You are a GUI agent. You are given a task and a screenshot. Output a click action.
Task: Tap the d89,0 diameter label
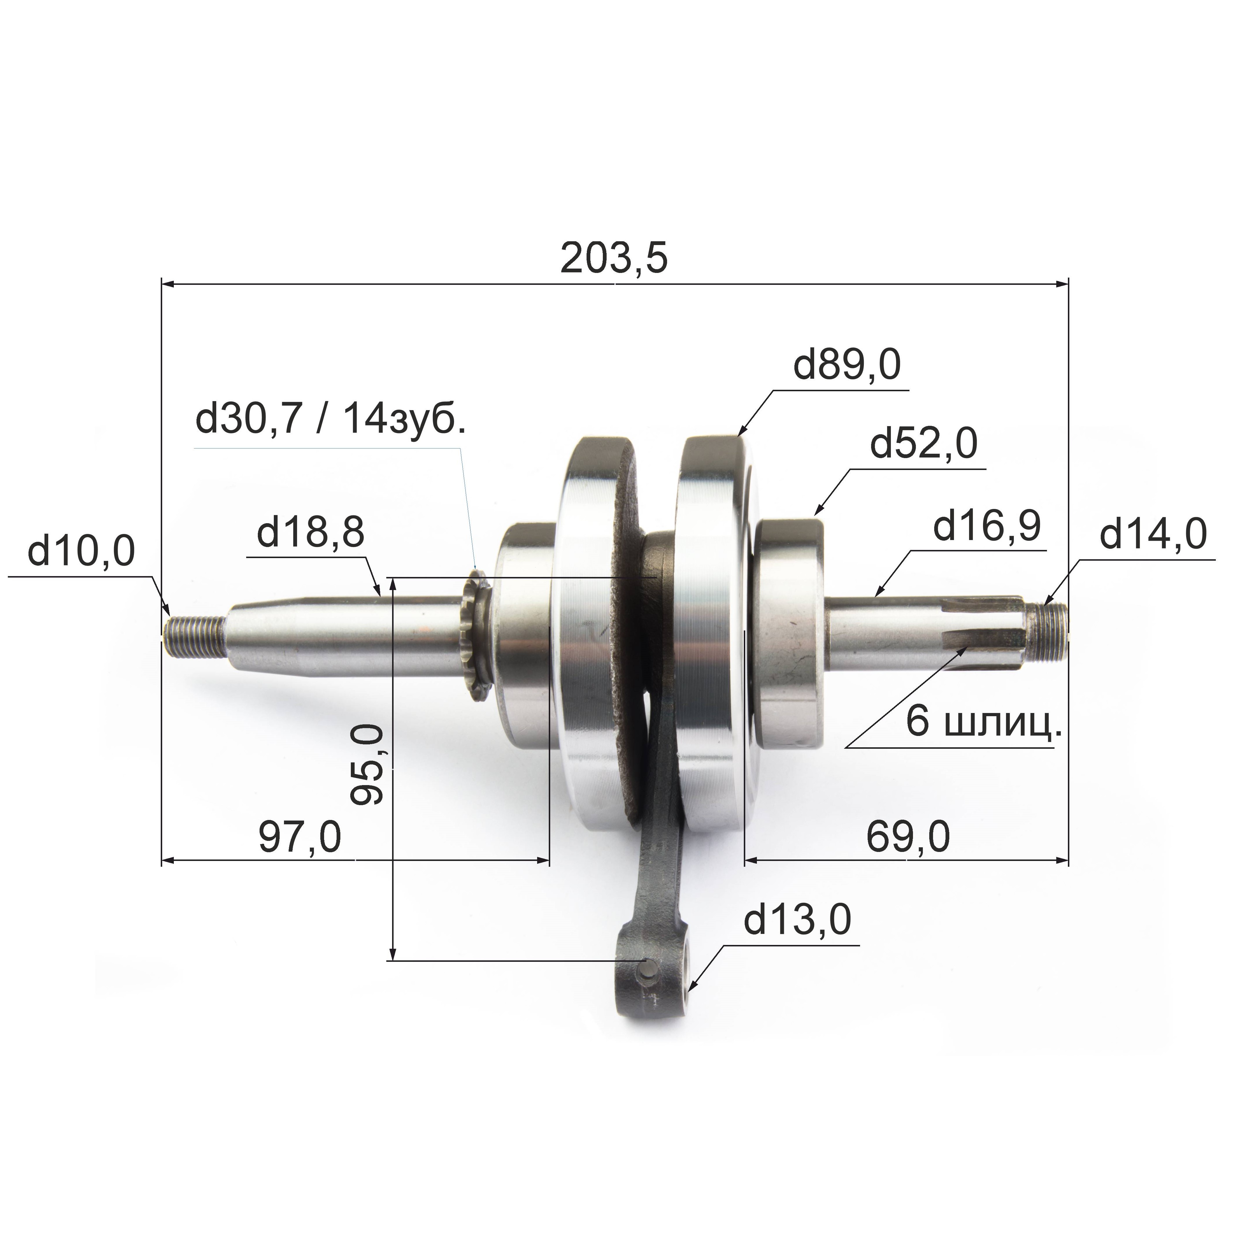point(847,366)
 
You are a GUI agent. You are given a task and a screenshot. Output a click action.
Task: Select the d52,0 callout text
point(924,444)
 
